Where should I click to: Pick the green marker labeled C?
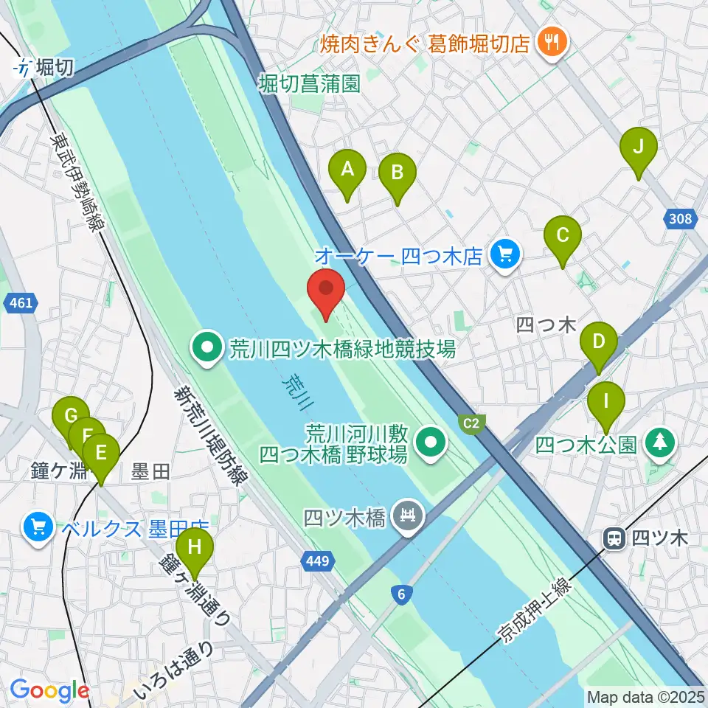click(x=563, y=238)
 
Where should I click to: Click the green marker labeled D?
click(x=599, y=344)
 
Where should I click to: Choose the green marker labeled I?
click(x=606, y=403)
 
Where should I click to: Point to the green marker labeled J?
click(x=639, y=148)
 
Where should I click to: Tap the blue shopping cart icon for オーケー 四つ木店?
click(x=505, y=256)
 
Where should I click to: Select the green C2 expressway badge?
click(x=472, y=423)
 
